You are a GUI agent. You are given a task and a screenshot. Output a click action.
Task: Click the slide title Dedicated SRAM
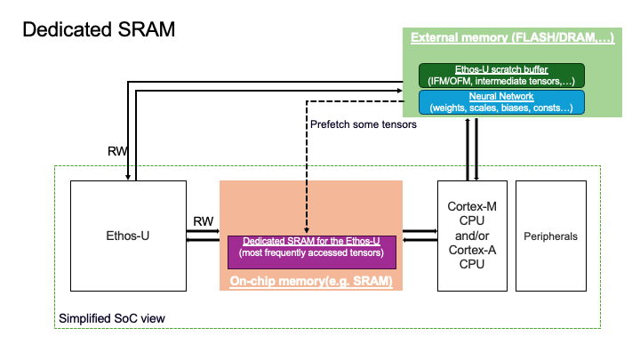click(x=99, y=28)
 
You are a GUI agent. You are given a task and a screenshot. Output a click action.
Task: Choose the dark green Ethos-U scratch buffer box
click(x=502, y=75)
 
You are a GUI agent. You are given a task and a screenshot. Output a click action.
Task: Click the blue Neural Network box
click(x=502, y=100)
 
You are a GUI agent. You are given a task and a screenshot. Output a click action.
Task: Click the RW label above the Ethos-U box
click(x=116, y=151)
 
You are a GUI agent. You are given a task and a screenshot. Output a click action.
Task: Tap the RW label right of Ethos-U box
click(x=203, y=220)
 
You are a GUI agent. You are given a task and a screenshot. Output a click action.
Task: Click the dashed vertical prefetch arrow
click(x=307, y=169)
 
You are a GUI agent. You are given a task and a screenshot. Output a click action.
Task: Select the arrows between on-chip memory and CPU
click(x=420, y=236)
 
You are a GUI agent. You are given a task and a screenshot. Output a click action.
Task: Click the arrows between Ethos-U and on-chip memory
click(x=203, y=236)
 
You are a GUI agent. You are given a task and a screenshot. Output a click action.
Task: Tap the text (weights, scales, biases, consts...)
click(x=502, y=107)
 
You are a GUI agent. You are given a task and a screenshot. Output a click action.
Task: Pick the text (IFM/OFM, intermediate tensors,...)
click(x=502, y=80)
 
